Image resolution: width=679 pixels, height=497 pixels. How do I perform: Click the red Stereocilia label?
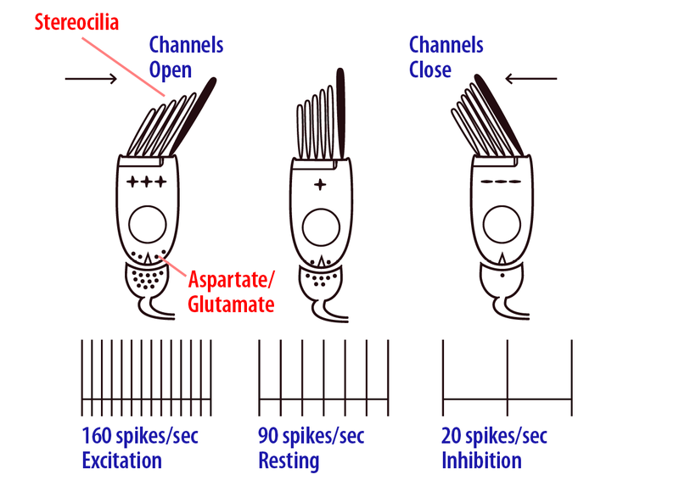(x=76, y=22)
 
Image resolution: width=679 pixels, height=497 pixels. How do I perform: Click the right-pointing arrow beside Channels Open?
(x=91, y=79)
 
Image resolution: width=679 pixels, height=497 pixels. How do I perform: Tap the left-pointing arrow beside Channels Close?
(x=531, y=79)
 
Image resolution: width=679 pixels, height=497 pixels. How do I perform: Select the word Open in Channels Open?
(x=171, y=70)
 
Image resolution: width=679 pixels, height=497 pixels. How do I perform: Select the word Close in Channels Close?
(x=430, y=70)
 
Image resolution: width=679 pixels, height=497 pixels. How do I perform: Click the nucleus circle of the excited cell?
(x=148, y=225)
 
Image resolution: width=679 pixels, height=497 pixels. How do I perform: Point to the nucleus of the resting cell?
(x=321, y=227)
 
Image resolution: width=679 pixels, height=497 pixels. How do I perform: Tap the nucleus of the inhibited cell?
(x=502, y=225)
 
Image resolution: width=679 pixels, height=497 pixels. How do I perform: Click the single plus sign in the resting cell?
(x=320, y=185)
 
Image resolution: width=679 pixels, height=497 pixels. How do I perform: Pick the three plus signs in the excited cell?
(x=146, y=181)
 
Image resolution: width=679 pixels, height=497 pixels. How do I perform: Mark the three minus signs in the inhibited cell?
(x=501, y=181)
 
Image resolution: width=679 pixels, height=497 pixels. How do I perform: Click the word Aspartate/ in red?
(x=231, y=280)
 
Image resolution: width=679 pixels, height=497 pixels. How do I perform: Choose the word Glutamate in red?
(x=231, y=304)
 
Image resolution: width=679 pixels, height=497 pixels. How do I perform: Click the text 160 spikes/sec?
(x=140, y=436)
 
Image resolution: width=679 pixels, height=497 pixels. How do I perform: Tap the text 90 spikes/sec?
(x=311, y=436)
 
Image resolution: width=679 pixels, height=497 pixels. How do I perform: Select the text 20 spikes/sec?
(x=494, y=436)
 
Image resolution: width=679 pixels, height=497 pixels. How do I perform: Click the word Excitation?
(x=121, y=461)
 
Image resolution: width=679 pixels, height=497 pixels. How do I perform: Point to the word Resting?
(x=289, y=461)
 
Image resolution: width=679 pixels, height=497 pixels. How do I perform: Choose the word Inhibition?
(x=481, y=461)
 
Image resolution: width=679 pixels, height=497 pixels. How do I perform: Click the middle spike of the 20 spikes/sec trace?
(x=508, y=378)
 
